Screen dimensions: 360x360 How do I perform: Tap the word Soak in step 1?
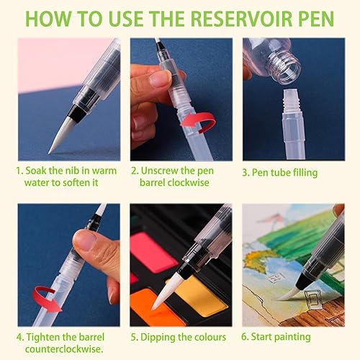tap(36, 171)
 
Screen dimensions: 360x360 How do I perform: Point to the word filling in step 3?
tap(304, 173)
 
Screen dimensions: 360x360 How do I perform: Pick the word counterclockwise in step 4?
tap(64, 349)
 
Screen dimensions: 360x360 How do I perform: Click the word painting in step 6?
tap(292, 337)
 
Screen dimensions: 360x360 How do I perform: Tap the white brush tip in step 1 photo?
tap(62, 135)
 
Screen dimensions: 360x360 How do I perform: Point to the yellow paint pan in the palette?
tap(199, 296)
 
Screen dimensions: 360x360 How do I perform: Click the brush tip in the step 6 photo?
tap(289, 294)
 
